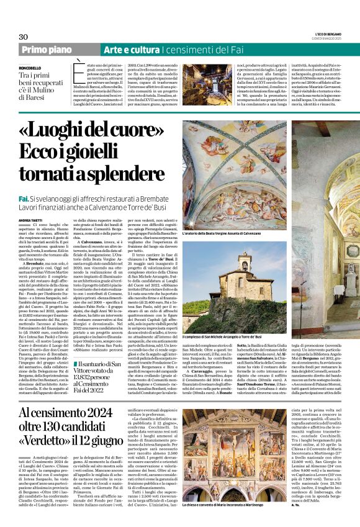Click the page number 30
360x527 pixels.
click(24, 37)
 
